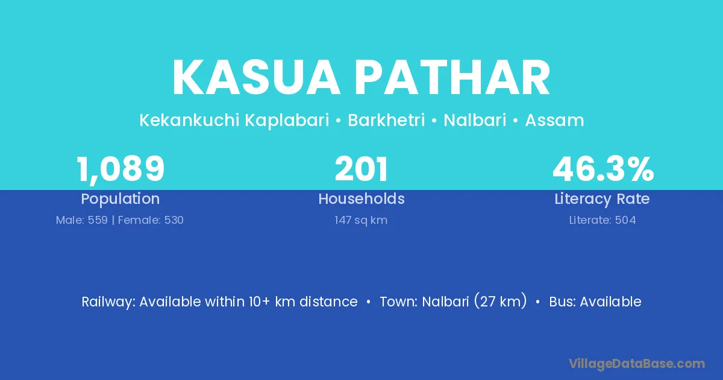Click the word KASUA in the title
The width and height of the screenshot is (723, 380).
pos(256,78)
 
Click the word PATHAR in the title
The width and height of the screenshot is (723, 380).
pos(454,78)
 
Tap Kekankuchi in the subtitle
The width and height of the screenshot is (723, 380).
pos(189,120)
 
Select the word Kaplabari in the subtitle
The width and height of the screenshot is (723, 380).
pos(287,121)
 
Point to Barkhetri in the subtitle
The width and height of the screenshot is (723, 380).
pos(386,120)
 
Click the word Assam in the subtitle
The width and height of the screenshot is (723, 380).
pos(554,121)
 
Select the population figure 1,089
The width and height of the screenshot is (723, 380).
pos(120,169)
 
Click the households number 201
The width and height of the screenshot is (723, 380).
pos(361,169)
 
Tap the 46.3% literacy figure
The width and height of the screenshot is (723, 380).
pos(603,169)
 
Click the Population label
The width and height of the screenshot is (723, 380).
pos(120,199)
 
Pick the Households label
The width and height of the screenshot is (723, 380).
pos(361,198)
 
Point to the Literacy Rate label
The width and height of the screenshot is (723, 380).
pos(602,199)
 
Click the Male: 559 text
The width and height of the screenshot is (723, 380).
pos(82,220)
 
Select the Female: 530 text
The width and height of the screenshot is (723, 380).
pos(151,220)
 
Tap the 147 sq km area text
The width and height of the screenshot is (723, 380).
pos(361,220)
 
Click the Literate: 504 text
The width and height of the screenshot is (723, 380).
pos(602,220)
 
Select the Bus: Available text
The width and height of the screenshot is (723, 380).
pos(595,302)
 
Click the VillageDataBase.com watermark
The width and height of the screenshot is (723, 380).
pos(637,364)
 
